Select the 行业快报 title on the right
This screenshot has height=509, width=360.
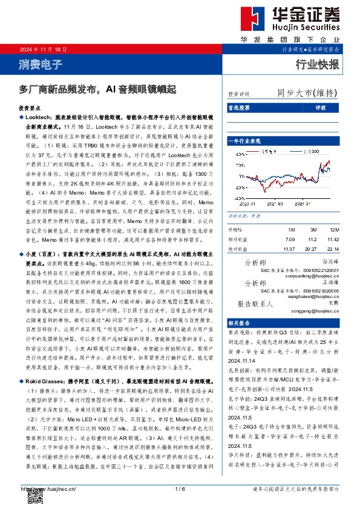point(317,64)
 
